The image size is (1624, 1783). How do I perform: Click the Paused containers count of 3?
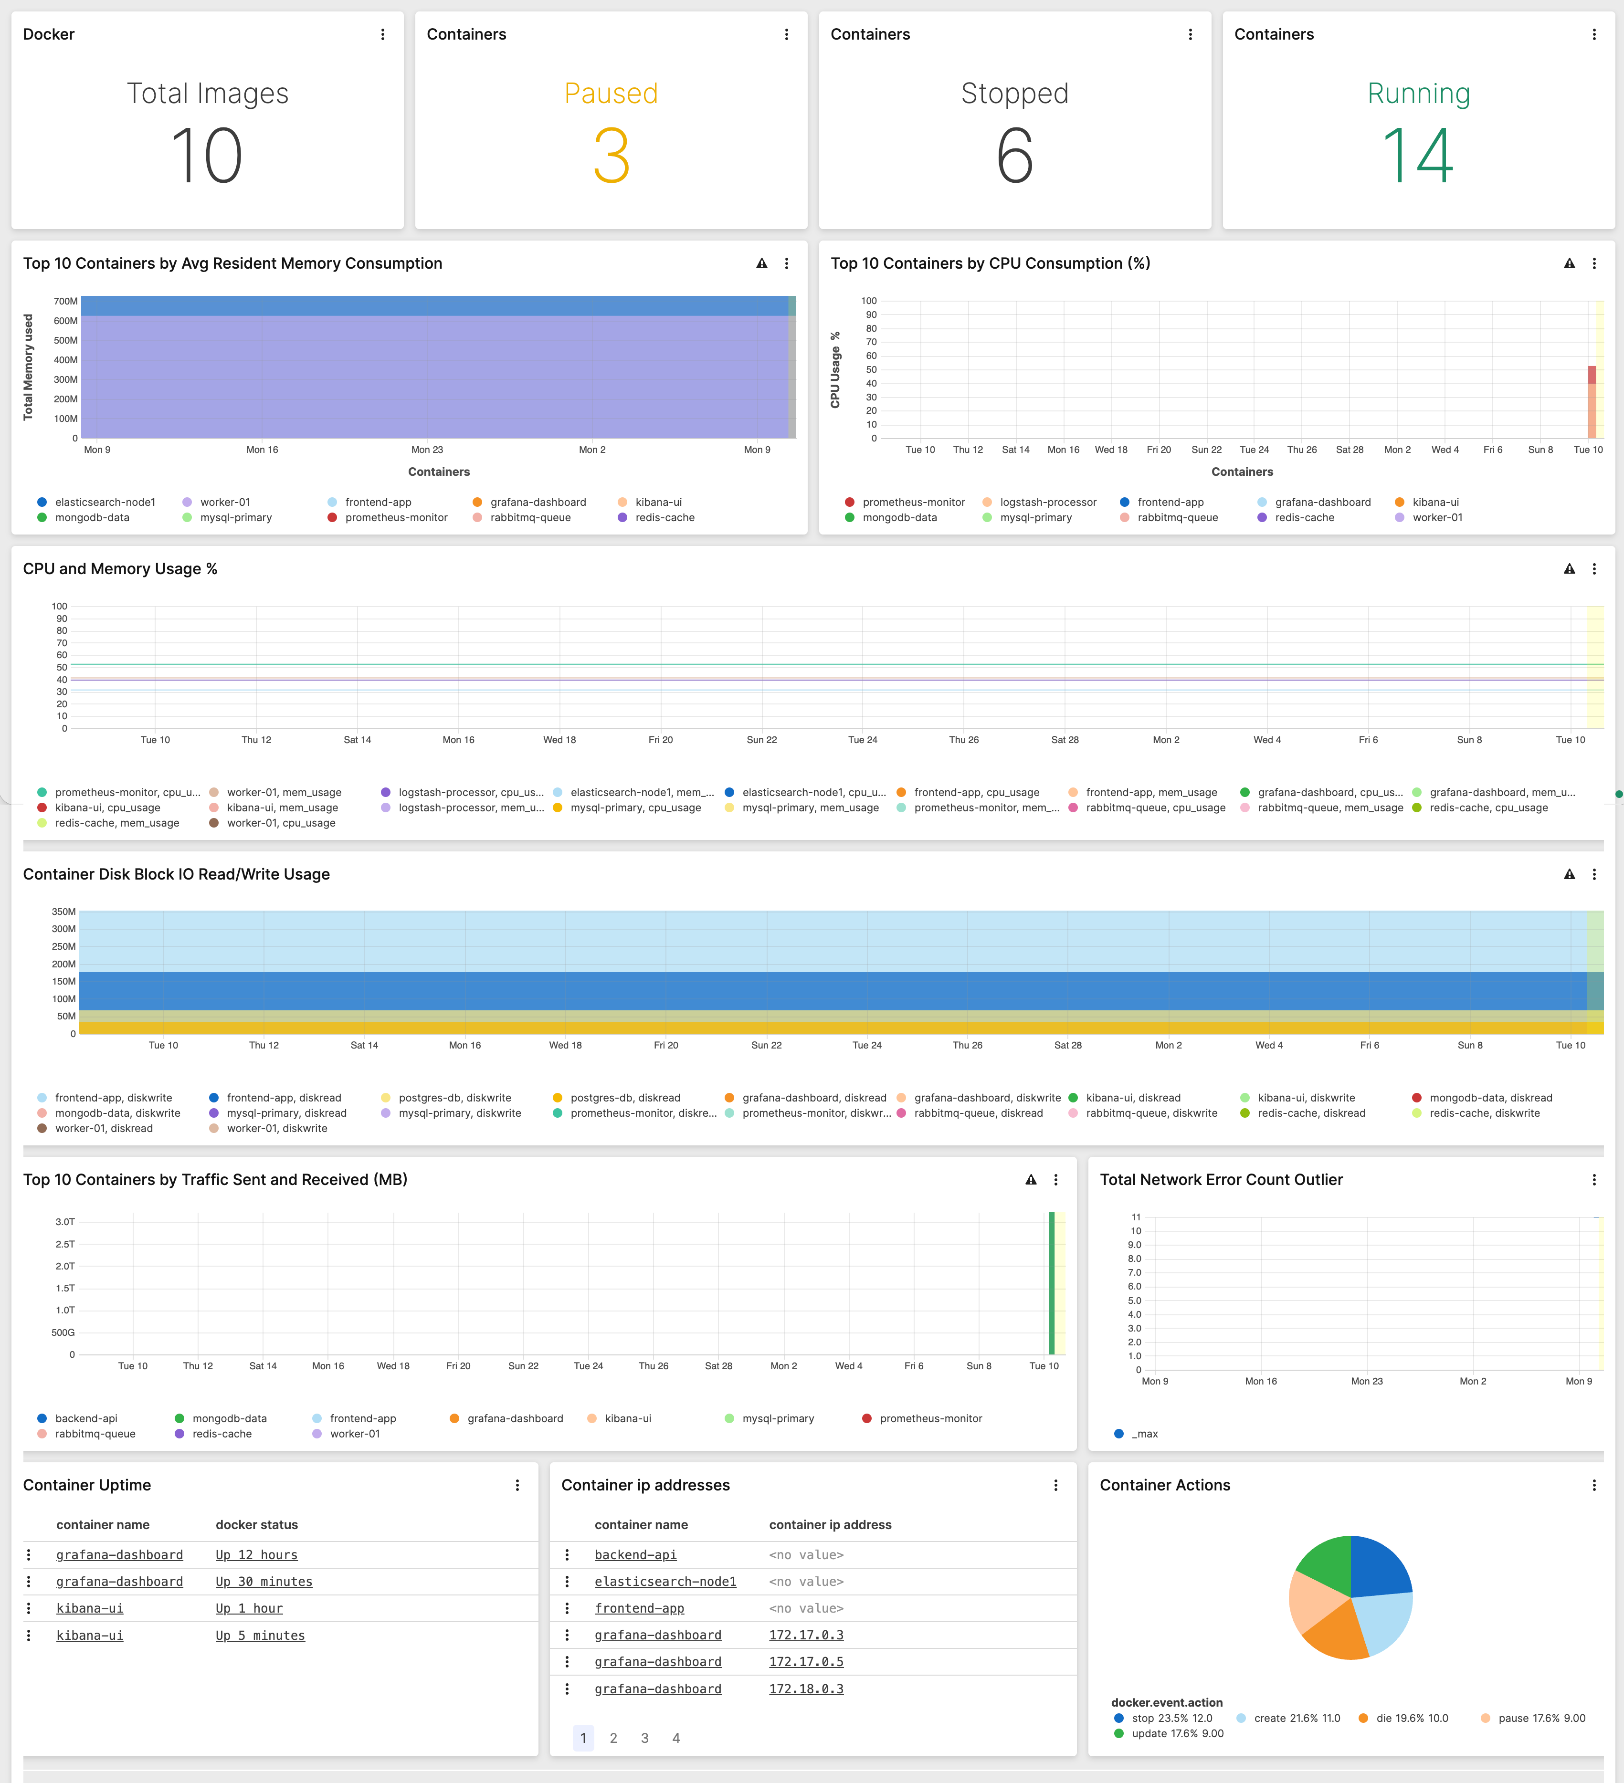click(611, 156)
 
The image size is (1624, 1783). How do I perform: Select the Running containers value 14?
click(1418, 156)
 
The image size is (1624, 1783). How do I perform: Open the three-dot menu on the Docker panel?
click(382, 34)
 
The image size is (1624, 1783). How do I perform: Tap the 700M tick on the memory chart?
click(65, 302)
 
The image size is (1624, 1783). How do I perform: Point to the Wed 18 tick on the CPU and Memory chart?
click(559, 739)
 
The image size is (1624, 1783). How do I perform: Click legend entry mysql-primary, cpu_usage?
click(635, 808)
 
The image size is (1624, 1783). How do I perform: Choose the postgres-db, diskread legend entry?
click(624, 1098)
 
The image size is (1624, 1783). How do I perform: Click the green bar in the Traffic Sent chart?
click(1052, 1282)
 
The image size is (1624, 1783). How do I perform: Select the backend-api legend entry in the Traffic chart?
click(86, 1418)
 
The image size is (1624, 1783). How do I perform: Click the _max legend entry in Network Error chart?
click(1145, 1434)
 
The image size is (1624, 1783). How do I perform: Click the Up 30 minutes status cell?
click(264, 1581)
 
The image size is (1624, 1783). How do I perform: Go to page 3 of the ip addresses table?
click(645, 1738)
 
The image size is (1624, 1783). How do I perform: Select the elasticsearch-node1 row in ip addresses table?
click(665, 1581)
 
